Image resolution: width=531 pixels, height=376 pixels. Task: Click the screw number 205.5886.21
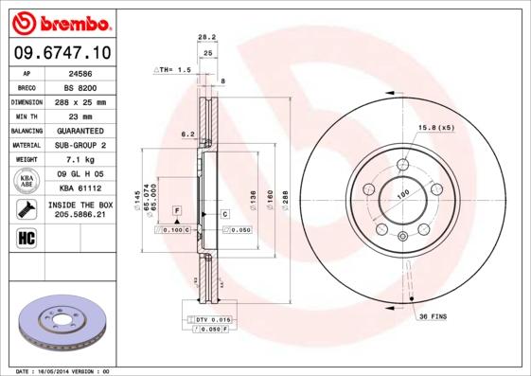tap(80, 215)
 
